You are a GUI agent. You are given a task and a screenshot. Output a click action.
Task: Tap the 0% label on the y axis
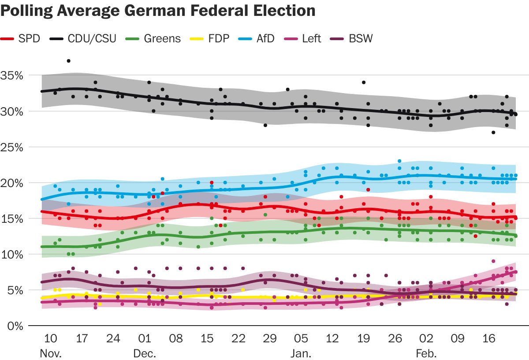(x=15, y=326)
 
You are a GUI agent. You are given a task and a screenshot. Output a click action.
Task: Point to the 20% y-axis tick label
(x=12, y=183)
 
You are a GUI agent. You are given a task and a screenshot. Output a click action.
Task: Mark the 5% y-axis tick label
(x=15, y=290)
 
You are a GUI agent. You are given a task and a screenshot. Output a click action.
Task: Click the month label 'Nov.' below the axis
(x=50, y=353)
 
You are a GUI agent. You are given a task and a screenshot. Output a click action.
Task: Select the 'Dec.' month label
(x=145, y=353)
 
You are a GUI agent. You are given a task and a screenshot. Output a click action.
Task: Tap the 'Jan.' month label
(x=302, y=353)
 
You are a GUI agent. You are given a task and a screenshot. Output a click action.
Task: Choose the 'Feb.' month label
(x=426, y=353)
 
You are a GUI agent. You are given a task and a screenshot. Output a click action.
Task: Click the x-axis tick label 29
(x=270, y=339)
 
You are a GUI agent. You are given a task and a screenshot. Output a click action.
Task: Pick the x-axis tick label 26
(x=395, y=339)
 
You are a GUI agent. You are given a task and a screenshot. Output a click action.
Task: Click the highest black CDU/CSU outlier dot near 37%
(x=68, y=61)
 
